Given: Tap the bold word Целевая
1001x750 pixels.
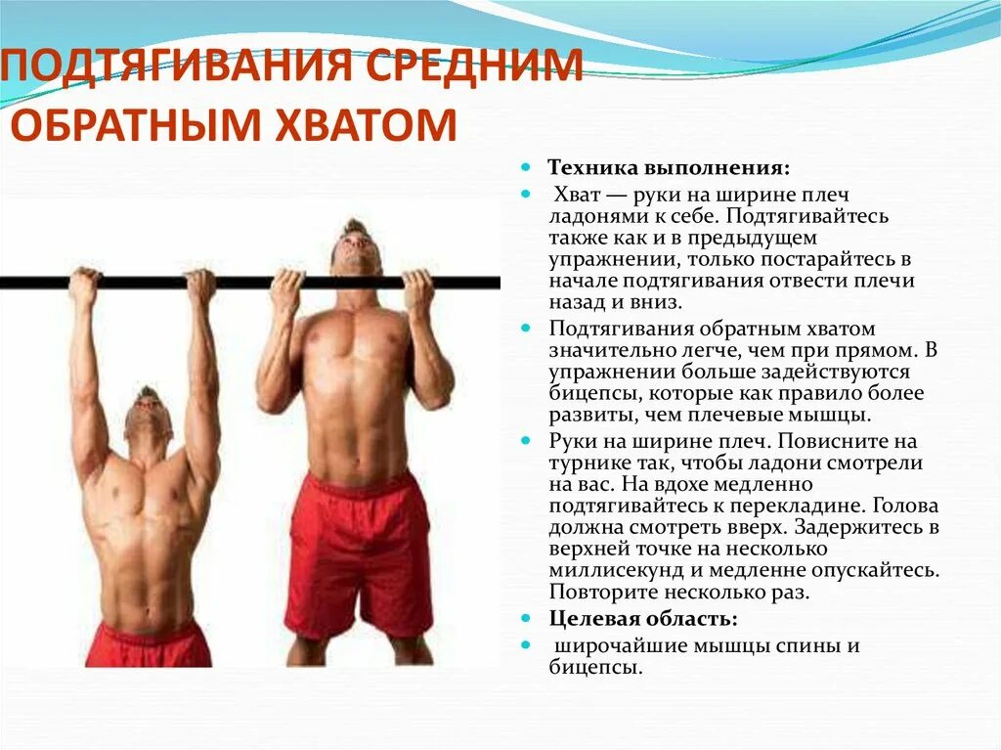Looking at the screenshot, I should tap(591, 619).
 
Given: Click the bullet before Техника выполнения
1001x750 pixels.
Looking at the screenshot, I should tap(525, 167).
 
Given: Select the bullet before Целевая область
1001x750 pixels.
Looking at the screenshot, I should tap(525, 619).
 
